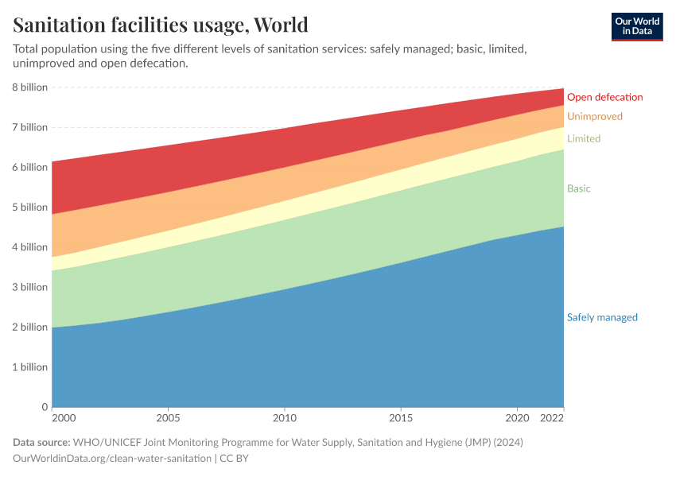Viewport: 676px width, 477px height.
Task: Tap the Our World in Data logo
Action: (x=636, y=26)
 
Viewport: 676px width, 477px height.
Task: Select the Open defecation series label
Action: (x=604, y=97)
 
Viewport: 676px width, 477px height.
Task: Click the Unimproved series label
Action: (x=594, y=117)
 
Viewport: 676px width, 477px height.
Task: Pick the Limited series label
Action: (x=583, y=138)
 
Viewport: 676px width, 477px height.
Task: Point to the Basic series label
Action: (x=578, y=189)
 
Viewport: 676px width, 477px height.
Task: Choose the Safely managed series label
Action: (x=602, y=317)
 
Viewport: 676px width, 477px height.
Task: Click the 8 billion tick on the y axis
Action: (x=30, y=87)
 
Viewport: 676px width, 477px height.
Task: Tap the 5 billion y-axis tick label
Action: (x=30, y=207)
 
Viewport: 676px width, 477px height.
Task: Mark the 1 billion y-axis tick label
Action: (x=30, y=367)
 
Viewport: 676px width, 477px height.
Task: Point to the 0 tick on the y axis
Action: (x=45, y=407)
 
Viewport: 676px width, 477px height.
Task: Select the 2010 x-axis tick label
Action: (x=285, y=417)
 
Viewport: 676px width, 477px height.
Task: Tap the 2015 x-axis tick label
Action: (x=401, y=417)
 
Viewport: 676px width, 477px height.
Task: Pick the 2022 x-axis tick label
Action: (x=552, y=417)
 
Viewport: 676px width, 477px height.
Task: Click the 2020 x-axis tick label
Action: (x=518, y=417)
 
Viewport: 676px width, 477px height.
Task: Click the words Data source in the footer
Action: (x=41, y=442)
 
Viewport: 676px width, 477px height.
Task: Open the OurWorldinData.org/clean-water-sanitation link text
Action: (x=112, y=459)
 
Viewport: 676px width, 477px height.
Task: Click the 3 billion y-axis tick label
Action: (x=30, y=287)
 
